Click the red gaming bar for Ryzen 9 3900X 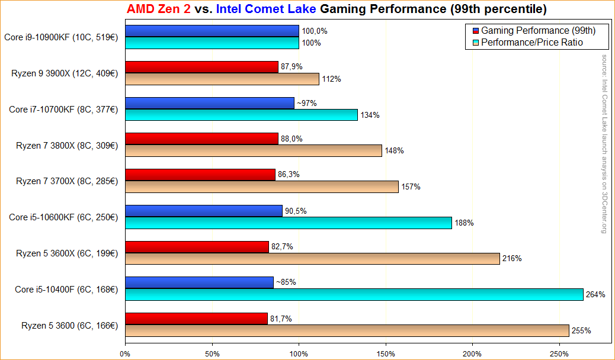[201, 67]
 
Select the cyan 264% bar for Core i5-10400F [354, 295]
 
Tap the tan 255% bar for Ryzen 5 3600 [347, 330]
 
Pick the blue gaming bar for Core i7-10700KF [210, 103]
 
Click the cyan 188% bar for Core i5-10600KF [288, 223]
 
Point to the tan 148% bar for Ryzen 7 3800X [254, 151]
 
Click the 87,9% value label [291, 66]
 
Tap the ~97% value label [306, 103]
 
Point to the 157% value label [411, 187]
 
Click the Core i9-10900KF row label [61, 37]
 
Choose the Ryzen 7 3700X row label [67, 181]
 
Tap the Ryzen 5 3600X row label [67, 253]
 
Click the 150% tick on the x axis [386, 354]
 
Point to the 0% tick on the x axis [125, 354]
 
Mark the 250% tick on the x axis [559, 354]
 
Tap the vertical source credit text [604, 144]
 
